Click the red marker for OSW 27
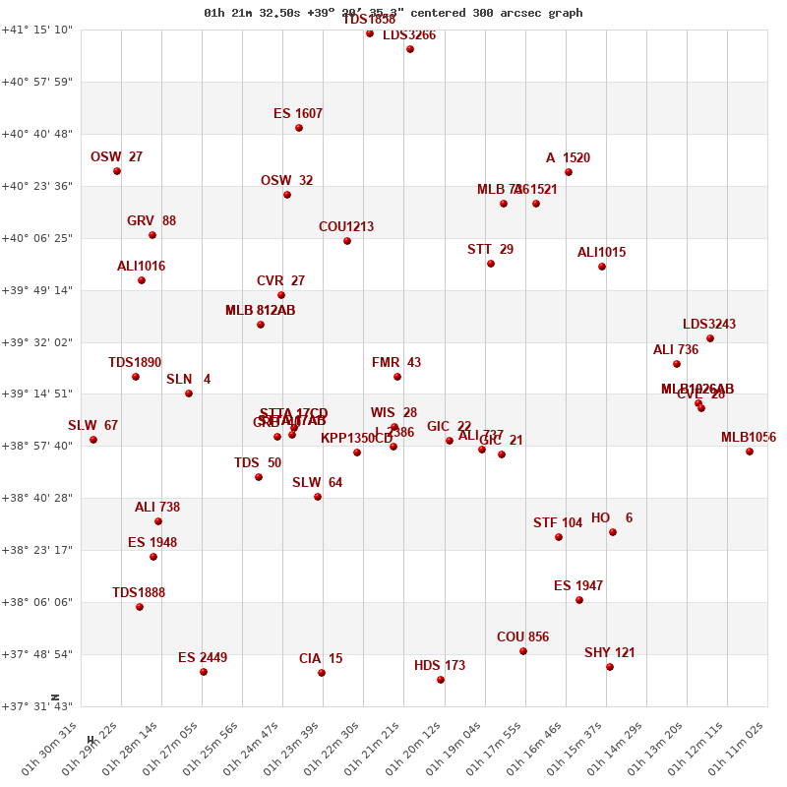coord(117,171)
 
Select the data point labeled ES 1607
coord(299,128)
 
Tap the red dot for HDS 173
coord(441,680)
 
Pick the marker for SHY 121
coord(610,667)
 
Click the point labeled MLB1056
coord(750,452)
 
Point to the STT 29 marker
coord(491,264)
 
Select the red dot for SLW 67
coord(93,440)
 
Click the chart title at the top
coord(393,13)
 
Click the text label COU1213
coord(346,227)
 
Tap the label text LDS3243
coord(709,325)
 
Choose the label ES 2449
coord(203,658)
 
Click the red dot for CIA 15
coord(322,673)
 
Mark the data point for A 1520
coord(569,172)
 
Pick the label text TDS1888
coord(139,593)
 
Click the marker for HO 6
coord(613,532)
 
